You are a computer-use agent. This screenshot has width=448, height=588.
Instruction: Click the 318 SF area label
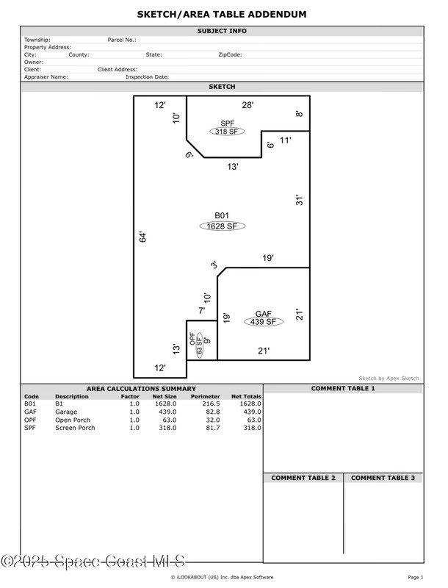(x=227, y=132)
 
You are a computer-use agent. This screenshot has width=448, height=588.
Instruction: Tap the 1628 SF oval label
(x=222, y=226)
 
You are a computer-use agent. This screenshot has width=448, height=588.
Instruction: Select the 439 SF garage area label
(x=264, y=322)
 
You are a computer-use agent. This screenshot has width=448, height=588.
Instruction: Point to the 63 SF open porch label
(x=199, y=345)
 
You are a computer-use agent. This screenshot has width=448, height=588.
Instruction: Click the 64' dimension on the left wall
(x=142, y=237)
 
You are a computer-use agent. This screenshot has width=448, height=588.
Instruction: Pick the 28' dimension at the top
(x=248, y=105)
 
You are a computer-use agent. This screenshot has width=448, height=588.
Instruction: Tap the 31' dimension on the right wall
(x=299, y=200)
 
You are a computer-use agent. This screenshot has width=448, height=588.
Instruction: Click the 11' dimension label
(x=286, y=140)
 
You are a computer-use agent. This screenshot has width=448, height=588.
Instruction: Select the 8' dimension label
(x=299, y=114)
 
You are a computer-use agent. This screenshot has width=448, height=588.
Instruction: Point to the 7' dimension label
(x=202, y=310)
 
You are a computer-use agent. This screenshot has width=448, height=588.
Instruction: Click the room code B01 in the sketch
(x=222, y=215)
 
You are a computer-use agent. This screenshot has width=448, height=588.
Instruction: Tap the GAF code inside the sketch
(x=264, y=314)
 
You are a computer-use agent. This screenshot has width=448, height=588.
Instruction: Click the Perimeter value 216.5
(x=211, y=404)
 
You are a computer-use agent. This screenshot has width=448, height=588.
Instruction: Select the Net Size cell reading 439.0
(x=167, y=412)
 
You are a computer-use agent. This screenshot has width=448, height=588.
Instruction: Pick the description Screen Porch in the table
(x=76, y=428)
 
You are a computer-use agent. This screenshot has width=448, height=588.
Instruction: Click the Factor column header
(x=130, y=396)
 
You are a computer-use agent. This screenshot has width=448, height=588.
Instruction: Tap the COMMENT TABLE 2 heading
(x=303, y=478)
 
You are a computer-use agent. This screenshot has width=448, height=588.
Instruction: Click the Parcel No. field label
(x=122, y=40)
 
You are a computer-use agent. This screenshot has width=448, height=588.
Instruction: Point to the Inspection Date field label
(x=147, y=77)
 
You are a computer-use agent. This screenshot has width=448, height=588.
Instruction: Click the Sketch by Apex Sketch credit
(x=389, y=378)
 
